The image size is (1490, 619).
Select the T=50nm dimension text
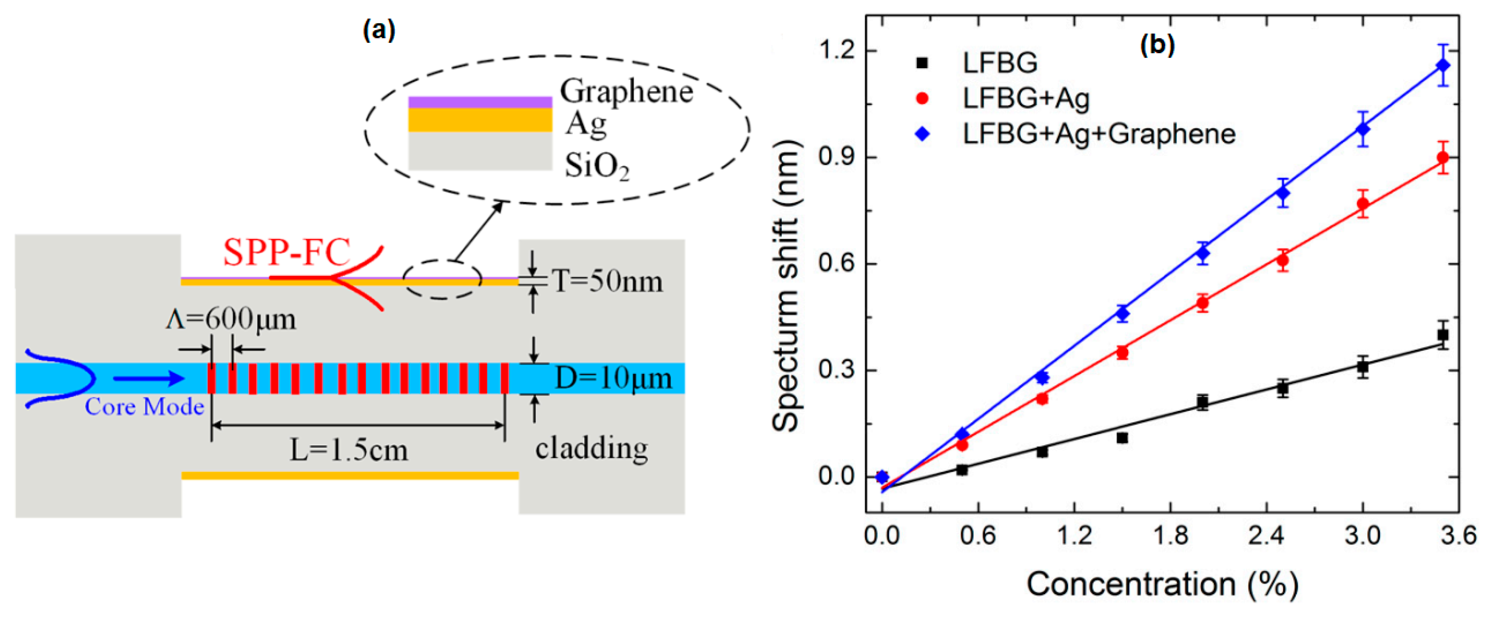click(x=607, y=282)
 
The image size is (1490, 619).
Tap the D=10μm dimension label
click(x=613, y=379)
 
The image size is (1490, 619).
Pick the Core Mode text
click(x=144, y=407)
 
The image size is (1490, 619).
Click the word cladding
click(x=591, y=449)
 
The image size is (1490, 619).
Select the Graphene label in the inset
click(x=626, y=92)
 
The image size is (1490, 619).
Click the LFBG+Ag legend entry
click(x=1025, y=98)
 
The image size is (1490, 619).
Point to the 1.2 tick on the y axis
click(x=837, y=51)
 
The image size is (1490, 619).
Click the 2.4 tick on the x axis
click(x=1267, y=535)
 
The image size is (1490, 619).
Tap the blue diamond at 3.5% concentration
click(x=1443, y=65)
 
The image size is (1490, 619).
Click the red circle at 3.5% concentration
click(x=1443, y=157)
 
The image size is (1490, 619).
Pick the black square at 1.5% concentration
click(x=1122, y=438)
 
